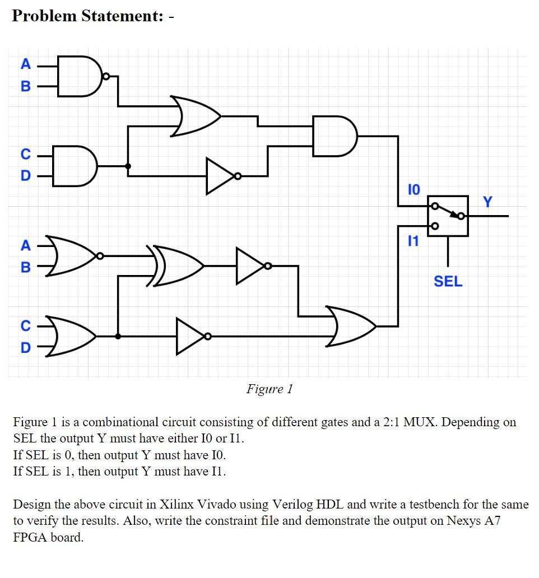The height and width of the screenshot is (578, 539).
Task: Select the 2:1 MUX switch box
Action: pyautogui.click(x=448, y=216)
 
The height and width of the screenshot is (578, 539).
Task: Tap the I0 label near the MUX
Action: pyautogui.click(x=412, y=189)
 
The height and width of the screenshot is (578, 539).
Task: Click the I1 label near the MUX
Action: pyautogui.click(x=412, y=242)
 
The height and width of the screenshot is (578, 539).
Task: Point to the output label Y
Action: pyautogui.click(x=487, y=201)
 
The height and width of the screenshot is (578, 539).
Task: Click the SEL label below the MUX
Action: pyautogui.click(x=448, y=281)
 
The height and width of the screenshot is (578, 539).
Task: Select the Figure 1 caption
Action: pyautogui.click(x=269, y=389)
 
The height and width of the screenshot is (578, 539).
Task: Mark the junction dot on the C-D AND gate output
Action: pyautogui.click(x=128, y=166)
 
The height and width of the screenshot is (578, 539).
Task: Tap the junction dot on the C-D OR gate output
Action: pyautogui.click(x=118, y=337)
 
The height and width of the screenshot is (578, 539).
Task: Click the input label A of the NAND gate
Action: pyautogui.click(x=25, y=64)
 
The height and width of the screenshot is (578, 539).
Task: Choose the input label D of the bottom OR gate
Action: pyautogui.click(x=25, y=348)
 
